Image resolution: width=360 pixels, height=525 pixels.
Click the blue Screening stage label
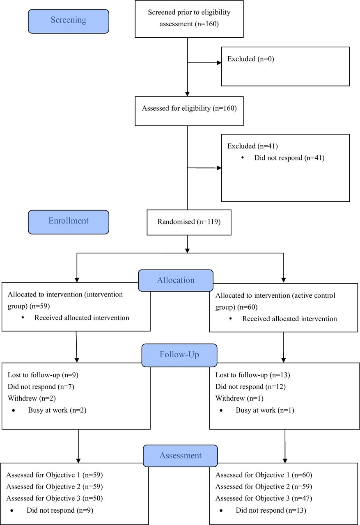coord(69,21)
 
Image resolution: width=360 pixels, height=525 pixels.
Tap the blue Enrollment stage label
coord(69,222)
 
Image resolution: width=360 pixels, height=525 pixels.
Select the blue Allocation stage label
coord(176,280)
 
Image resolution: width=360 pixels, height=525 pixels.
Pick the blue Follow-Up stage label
coord(179,355)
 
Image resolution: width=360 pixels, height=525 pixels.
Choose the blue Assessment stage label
coord(180,456)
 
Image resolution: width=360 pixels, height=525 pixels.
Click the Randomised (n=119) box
coord(189,222)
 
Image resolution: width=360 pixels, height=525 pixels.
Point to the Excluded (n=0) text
coord(251,59)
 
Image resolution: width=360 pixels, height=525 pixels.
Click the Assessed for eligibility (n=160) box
coord(189,111)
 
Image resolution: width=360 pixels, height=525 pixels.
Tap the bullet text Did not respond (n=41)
coord(289,158)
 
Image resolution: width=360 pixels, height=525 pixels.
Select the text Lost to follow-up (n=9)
coord(43,375)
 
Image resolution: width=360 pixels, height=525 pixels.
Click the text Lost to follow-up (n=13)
coord(252,375)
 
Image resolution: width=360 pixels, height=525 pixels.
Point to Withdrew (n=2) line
coord(32,398)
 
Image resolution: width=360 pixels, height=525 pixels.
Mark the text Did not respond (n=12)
coord(250,387)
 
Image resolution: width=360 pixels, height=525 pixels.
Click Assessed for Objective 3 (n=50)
coord(55,498)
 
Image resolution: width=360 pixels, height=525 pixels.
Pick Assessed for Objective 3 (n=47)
coord(264,498)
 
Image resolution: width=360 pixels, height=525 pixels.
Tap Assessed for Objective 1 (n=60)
coord(264,475)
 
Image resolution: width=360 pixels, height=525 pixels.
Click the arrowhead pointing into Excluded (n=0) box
coord(219,63)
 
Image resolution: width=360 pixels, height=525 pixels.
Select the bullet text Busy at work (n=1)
coord(265,410)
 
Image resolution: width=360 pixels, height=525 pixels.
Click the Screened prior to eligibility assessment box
coord(189,19)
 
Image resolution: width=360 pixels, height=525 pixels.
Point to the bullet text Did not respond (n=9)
coord(60,510)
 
